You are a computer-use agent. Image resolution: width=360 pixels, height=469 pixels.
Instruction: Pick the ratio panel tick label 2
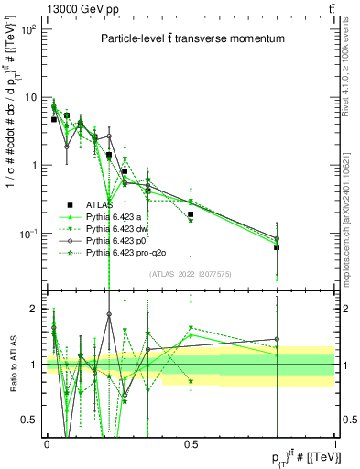pos(35,309)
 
